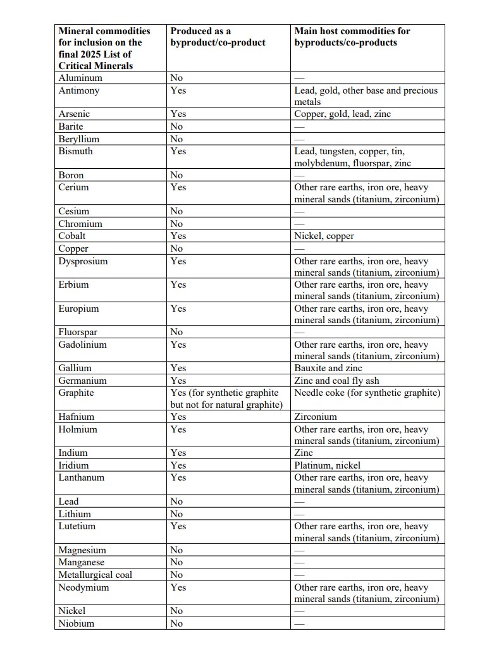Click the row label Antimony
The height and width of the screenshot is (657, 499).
(80, 90)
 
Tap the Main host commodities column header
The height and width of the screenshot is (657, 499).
(352, 37)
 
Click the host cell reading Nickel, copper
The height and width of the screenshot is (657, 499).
(324, 236)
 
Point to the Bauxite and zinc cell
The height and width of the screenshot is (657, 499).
(328, 368)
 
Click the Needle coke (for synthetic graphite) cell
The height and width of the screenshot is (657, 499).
(367, 393)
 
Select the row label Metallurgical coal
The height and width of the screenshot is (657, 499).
(95, 575)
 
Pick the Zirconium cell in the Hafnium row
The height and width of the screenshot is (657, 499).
(316, 417)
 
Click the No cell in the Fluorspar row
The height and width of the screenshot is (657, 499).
(176, 332)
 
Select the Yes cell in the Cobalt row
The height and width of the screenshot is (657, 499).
(178, 236)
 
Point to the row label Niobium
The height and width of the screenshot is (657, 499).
(76, 623)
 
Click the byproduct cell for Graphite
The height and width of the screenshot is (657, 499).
(226, 398)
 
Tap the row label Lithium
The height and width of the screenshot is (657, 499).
(75, 514)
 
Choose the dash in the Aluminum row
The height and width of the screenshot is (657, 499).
(299, 78)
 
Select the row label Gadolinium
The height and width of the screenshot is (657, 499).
(82, 345)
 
